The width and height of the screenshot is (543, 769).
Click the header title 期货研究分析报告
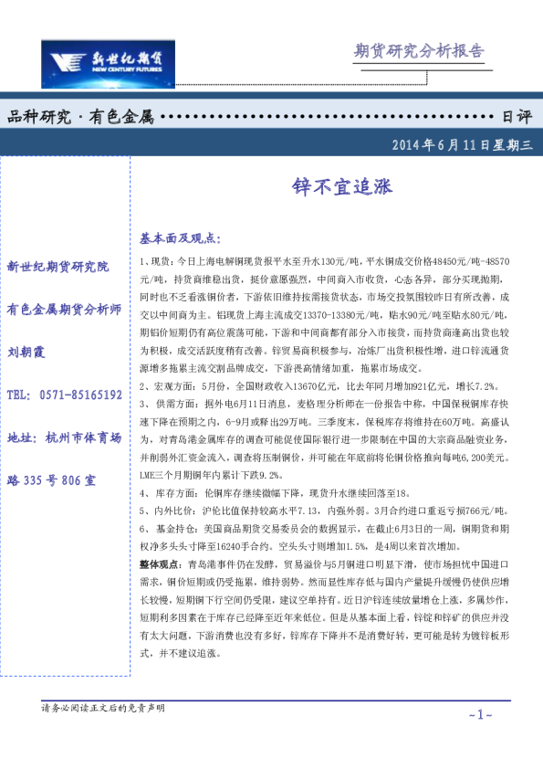419,51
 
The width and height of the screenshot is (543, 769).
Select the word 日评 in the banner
517,118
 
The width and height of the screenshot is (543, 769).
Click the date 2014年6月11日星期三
466,144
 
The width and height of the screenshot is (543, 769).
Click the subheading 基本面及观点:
181,238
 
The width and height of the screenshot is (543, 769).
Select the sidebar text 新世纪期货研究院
57,267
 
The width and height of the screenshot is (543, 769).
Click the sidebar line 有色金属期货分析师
64,309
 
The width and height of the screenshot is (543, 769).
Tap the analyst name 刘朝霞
26,352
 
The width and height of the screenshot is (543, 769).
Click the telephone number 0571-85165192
77,395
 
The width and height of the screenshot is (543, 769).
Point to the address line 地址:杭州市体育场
64,437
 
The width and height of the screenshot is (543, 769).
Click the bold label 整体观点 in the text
160,564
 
